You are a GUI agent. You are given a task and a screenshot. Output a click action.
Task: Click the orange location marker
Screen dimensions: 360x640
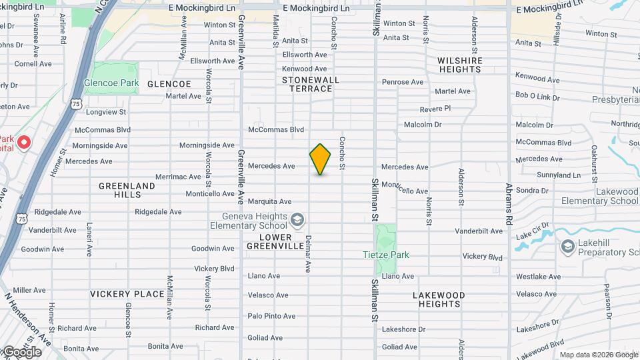point(321,159)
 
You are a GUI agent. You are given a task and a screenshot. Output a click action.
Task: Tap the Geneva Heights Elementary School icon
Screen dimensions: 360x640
point(297,219)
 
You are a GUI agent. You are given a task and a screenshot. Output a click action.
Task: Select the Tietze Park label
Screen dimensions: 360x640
point(385,255)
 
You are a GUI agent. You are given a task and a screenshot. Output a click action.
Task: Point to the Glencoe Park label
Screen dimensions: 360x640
point(111,84)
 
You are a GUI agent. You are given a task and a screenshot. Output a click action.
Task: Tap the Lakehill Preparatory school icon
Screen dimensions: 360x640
point(567,247)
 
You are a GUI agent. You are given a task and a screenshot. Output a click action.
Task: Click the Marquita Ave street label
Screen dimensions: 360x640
point(269,201)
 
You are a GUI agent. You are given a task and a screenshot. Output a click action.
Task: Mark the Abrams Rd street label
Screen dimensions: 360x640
point(509,204)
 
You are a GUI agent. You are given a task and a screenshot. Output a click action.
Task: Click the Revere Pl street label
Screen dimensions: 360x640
point(435,109)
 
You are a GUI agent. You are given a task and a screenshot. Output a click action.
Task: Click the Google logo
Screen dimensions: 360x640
point(21,351)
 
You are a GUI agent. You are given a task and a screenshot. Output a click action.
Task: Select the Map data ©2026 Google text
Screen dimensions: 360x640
point(598,355)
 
